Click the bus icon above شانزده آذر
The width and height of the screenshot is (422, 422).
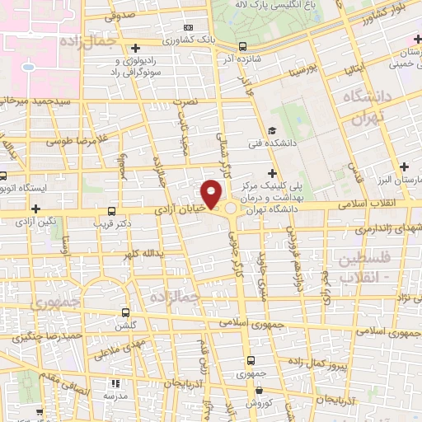[241, 47]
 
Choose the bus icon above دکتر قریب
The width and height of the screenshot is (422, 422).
[112, 210]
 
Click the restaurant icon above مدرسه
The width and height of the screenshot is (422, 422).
[115, 384]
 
